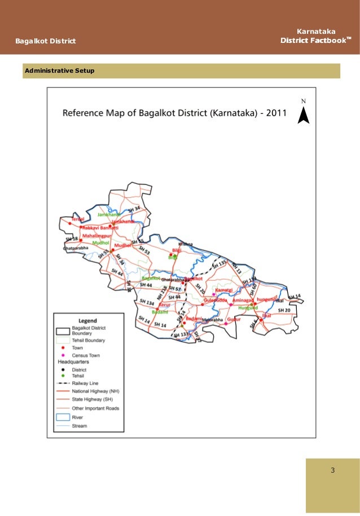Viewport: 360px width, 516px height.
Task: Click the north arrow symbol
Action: click(x=303, y=115)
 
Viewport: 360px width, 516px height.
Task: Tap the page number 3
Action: click(x=333, y=470)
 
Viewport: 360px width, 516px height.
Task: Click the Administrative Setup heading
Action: click(x=59, y=71)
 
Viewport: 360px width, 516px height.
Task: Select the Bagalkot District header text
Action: click(x=45, y=41)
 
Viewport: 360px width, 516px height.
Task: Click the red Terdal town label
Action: click(x=78, y=219)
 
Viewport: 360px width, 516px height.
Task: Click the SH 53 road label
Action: click(x=144, y=250)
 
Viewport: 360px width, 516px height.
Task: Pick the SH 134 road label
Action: click(x=146, y=303)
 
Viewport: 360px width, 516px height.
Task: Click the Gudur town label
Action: click(x=234, y=319)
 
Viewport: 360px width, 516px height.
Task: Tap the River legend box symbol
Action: click(x=63, y=417)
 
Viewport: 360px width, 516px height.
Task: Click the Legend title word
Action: click(x=87, y=320)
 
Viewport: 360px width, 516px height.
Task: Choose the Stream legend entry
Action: click(x=80, y=426)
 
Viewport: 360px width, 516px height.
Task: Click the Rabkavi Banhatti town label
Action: click(x=102, y=227)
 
